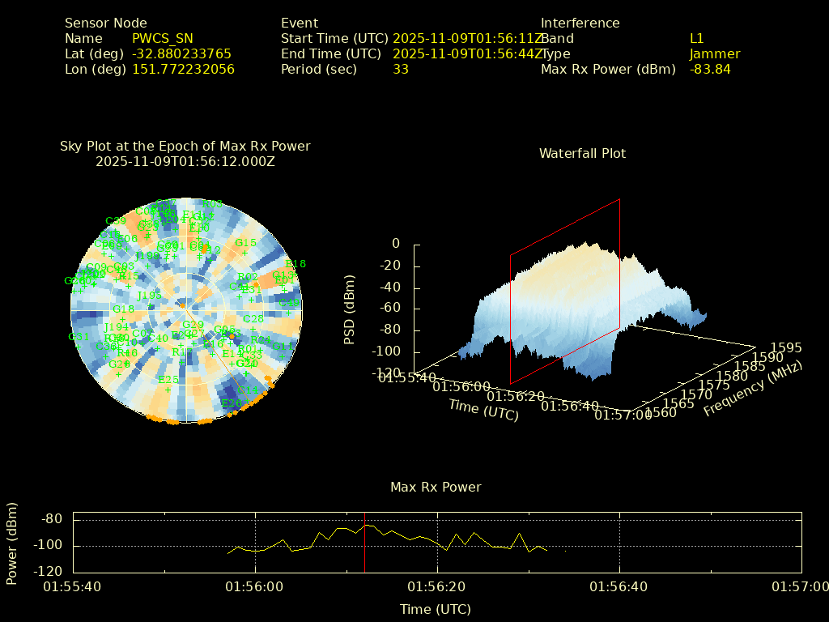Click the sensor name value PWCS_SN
[x=163, y=38]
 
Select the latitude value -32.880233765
[x=181, y=53]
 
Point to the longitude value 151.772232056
[x=183, y=69]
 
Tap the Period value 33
[x=400, y=69]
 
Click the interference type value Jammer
[x=714, y=53]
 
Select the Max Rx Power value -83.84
[x=710, y=69]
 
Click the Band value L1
[x=696, y=38]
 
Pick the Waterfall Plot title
[x=582, y=153]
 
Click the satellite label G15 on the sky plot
[x=245, y=243]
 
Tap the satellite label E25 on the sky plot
[x=168, y=380]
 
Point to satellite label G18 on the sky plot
[x=123, y=309]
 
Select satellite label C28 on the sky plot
[x=253, y=319]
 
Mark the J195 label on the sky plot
[x=150, y=296]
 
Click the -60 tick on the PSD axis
[x=389, y=309]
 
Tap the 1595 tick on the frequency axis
[x=786, y=347]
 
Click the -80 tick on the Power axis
[x=53, y=519]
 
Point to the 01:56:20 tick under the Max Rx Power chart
[x=437, y=586]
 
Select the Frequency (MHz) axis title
[x=753, y=390]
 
